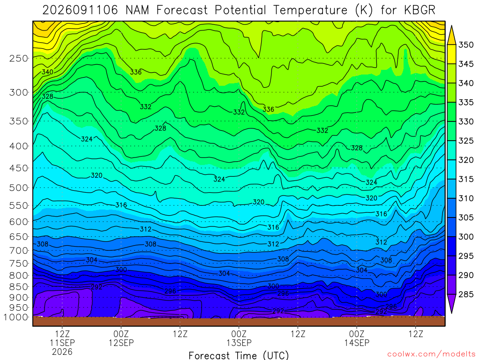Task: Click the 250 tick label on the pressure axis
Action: (19, 58)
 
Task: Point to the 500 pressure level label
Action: (19, 187)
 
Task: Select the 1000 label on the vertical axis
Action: (16, 317)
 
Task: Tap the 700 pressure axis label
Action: (19, 250)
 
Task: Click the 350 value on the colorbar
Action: (466, 45)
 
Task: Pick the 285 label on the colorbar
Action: (466, 294)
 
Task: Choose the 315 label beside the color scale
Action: (466, 179)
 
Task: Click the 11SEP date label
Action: (62, 343)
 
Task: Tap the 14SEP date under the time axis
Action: (357, 343)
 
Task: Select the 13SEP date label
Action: (239, 343)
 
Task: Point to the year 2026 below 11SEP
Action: (62, 352)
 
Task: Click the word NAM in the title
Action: (137, 10)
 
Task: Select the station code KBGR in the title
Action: (420, 10)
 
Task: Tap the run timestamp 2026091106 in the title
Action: (80, 10)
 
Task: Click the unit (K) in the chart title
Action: (364, 10)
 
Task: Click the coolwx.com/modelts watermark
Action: (431, 354)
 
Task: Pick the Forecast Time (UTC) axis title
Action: (239, 355)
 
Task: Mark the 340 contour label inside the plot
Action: (47, 72)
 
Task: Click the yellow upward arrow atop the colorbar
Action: (451, 35)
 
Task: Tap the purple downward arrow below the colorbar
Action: (451, 304)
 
